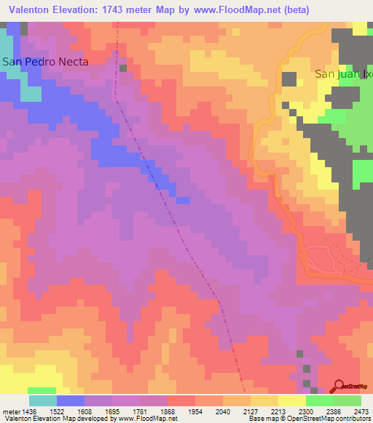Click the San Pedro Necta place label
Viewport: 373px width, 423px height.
point(45,62)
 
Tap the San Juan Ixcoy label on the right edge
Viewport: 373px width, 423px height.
point(343,74)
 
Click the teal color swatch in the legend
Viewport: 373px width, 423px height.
point(43,400)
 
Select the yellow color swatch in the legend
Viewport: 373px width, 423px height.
point(291,400)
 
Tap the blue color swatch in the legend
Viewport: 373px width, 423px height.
point(71,400)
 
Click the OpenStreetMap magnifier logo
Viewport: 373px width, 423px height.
point(340,387)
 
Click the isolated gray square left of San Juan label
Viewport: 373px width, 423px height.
point(289,79)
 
